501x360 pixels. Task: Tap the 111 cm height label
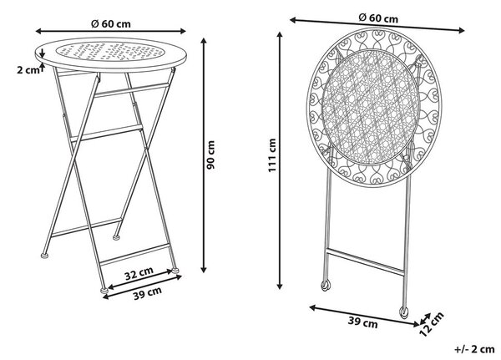(x=272, y=155)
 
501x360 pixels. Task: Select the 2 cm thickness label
(x=28, y=70)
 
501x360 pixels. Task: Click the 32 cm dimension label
(x=139, y=273)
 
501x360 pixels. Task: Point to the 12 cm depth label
(x=432, y=324)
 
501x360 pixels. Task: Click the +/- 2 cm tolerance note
(x=474, y=349)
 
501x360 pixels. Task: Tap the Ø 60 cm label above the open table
(x=111, y=23)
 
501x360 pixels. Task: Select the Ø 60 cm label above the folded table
(x=378, y=18)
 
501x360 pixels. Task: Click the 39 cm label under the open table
(x=147, y=293)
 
